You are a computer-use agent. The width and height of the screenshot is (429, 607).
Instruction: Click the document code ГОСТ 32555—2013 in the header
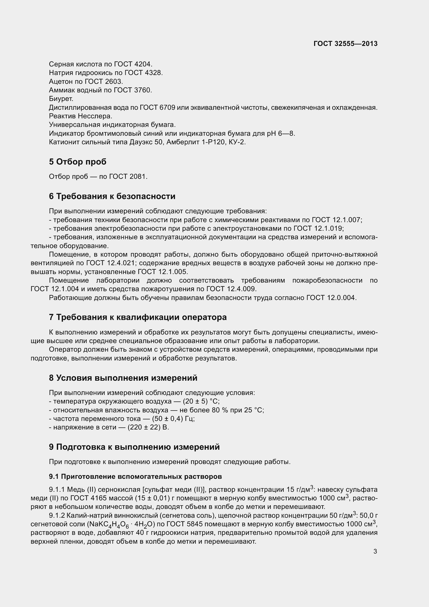click(x=345, y=44)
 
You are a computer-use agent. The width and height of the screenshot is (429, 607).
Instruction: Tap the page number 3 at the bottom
click(x=375, y=551)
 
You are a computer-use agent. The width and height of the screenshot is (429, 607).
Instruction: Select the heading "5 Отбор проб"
click(x=78, y=161)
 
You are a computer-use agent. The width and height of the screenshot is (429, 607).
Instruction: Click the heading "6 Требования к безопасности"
click(x=112, y=196)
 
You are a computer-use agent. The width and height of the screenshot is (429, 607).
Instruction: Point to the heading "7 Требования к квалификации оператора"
click(x=138, y=317)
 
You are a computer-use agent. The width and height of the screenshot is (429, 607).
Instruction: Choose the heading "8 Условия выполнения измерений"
click(x=123, y=378)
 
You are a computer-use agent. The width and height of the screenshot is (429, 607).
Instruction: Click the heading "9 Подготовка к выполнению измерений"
click(x=134, y=447)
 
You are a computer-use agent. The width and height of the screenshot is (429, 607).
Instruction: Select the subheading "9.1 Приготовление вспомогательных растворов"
click(x=135, y=476)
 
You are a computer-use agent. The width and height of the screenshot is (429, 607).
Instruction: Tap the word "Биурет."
click(x=61, y=99)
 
